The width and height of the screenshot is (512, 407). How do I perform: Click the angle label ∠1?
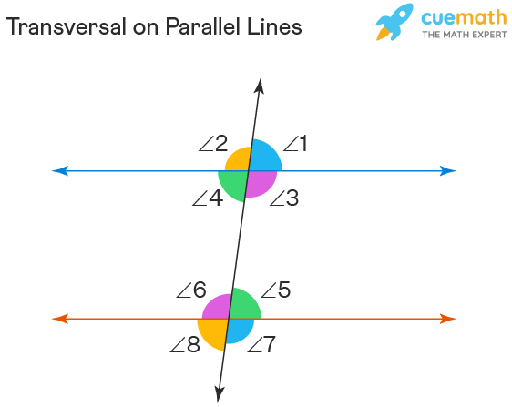[x=296, y=143]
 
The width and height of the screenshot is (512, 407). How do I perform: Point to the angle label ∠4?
[x=208, y=198]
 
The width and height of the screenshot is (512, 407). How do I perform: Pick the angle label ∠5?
[x=275, y=290]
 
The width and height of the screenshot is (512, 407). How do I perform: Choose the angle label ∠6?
[x=191, y=290]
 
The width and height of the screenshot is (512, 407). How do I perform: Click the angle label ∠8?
[x=185, y=344]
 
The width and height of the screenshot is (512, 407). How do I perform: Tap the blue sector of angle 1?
[x=265, y=157]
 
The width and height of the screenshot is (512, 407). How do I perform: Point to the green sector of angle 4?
[x=232, y=185]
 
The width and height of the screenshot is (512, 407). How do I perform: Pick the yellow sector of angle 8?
[x=211, y=333]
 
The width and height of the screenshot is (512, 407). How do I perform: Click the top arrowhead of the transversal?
[x=260, y=86]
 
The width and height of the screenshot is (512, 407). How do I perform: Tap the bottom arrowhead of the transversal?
[x=220, y=394]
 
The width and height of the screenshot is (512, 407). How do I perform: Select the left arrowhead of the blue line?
[x=58, y=170]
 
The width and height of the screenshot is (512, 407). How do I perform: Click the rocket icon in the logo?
[x=394, y=22]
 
